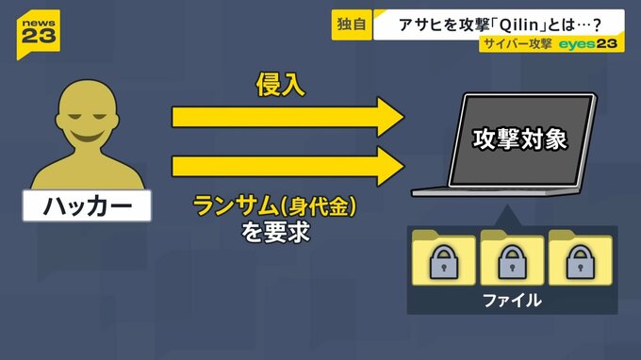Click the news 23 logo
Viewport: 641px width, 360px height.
tap(39, 34)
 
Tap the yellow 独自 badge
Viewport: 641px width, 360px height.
tap(352, 25)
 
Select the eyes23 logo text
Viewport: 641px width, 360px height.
tap(588, 43)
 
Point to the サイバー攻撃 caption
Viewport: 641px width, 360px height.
tap(518, 43)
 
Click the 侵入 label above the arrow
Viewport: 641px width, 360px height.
tap(281, 85)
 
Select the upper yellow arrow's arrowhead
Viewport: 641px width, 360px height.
tap(390, 117)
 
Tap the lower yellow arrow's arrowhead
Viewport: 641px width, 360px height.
tap(390, 167)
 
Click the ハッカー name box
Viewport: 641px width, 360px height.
tap(87, 205)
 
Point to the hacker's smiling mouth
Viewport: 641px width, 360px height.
tap(86, 136)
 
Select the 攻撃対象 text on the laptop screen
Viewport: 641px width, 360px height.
tap(520, 139)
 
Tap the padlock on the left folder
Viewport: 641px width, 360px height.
tap(444, 262)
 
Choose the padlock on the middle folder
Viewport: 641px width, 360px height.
tap(512, 262)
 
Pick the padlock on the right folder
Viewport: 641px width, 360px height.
tap(580, 262)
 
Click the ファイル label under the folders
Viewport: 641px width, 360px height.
tap(512, 301)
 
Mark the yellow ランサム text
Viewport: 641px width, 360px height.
tap(236, 205)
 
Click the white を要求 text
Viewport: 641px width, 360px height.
tap(275, 232)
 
